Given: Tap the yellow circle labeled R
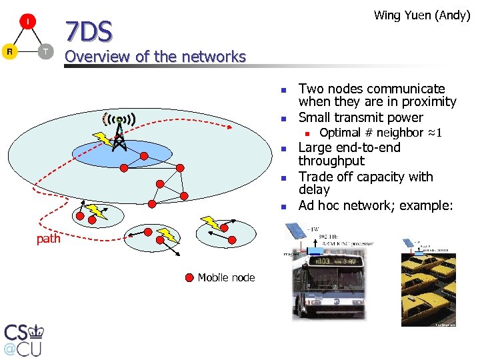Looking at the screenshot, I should click(10, 51).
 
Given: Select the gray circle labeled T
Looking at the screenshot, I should click(45, 51).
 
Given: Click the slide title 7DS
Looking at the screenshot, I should click(88, 31).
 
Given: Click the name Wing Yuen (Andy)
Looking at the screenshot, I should click(422, 15).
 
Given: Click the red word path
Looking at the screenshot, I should click(48, 238).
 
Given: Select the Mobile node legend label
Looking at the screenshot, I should click(226, 277).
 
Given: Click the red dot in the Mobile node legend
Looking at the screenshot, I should click(191, 277).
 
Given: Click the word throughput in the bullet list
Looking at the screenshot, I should click(331, 161).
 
